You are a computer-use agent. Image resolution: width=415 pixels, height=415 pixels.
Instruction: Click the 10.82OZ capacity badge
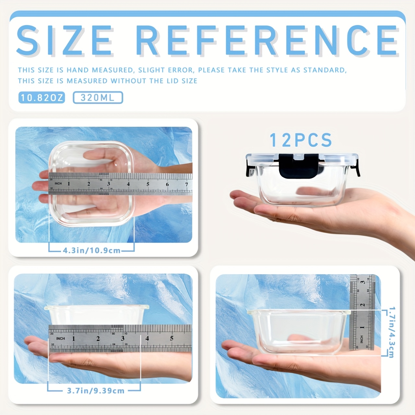41,98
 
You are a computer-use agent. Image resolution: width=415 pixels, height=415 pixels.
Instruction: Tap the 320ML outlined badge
98,98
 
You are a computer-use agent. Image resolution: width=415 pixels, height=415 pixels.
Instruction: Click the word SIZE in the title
65,40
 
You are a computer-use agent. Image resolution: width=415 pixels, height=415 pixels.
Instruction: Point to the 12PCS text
301,140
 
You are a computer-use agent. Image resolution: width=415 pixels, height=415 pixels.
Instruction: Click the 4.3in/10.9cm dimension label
92,251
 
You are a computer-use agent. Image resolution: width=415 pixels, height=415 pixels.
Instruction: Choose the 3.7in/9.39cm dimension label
96,391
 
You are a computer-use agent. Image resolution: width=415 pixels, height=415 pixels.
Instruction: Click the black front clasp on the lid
298,166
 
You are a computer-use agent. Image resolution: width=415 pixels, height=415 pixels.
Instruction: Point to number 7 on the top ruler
186,184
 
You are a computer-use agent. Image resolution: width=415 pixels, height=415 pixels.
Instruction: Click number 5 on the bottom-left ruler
172,338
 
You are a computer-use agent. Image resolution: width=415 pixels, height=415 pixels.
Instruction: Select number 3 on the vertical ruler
363,282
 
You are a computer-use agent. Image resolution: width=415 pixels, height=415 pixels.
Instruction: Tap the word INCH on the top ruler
58,184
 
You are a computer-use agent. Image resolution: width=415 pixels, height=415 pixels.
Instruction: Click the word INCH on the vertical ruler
362,339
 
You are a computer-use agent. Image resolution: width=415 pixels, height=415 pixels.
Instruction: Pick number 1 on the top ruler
69,184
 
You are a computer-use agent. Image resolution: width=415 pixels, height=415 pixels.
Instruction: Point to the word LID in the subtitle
164,81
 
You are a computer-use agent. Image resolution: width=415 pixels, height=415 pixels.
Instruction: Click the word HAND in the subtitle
77,70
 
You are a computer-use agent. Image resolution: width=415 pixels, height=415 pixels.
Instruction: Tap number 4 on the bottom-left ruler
147,338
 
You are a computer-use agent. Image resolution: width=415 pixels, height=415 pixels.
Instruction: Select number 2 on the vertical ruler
363,305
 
